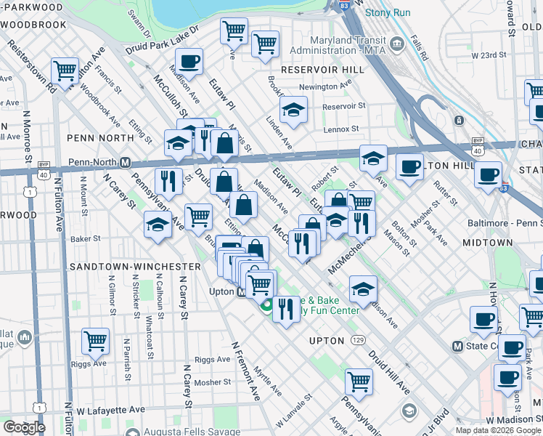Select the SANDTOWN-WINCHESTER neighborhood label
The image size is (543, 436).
tap(135, 267)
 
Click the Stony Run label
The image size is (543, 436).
tap(387, 12)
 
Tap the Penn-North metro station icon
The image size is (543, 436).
tap(125, 162)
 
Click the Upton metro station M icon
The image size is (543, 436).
tap(241, 291)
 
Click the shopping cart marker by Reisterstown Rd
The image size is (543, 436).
tap(65, 71)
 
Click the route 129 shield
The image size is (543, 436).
tap(358, 340)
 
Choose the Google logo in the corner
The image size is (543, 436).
tap(24, 427)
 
